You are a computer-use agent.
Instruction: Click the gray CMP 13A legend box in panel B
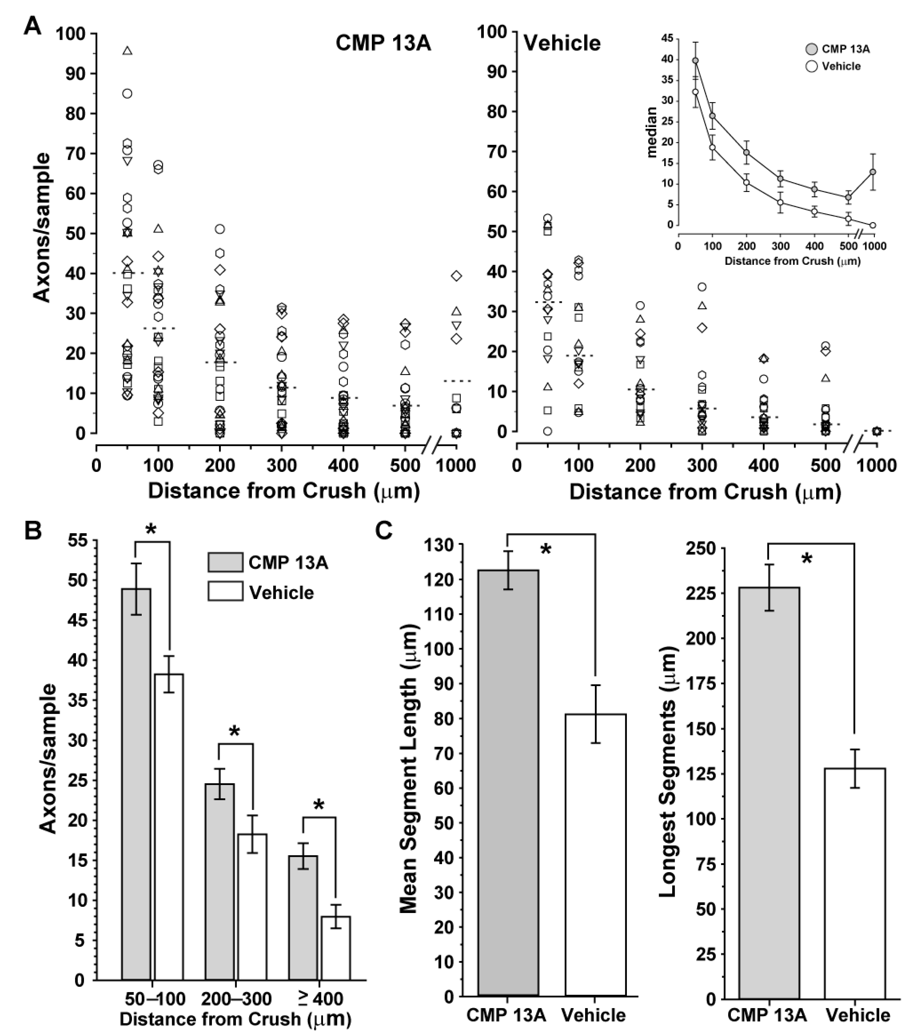click(x=225, y=562)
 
